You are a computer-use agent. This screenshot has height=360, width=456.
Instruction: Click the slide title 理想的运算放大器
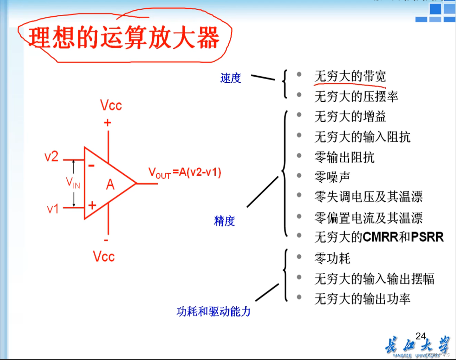point(124,37)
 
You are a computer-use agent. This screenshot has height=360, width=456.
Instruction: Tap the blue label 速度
point(231,78)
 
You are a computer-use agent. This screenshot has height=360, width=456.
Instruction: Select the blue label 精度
point(224,221)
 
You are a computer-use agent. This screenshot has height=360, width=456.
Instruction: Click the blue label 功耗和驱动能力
point(213,311)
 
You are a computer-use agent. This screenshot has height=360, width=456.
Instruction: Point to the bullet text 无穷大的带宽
point(350,76)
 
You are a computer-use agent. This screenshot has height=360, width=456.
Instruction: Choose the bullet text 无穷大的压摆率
point(356,97)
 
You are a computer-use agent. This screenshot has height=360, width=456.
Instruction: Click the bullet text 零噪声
point(332,177)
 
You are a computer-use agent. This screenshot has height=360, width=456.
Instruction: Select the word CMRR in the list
point(381,237)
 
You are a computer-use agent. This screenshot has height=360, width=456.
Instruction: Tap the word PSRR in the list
point(427,237)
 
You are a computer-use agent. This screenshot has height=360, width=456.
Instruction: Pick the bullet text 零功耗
point(332,258)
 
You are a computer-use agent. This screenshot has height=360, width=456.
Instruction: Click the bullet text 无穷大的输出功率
point(362,298)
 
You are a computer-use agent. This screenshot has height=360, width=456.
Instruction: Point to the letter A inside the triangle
point(110,185)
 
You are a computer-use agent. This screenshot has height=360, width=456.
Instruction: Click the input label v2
point(51,157)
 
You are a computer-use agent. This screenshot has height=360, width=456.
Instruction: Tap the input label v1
point(53,209)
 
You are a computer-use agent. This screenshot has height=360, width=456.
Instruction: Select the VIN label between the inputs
point(73,183)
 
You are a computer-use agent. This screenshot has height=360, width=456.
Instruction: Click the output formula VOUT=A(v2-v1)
point(184,173)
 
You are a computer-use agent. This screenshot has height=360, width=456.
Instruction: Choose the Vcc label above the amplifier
point(111,106)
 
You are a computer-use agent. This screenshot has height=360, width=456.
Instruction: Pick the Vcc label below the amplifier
point(104,257)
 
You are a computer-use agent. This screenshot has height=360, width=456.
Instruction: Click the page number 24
point(420,336)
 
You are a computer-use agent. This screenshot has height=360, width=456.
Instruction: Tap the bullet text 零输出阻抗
point(344,157)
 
